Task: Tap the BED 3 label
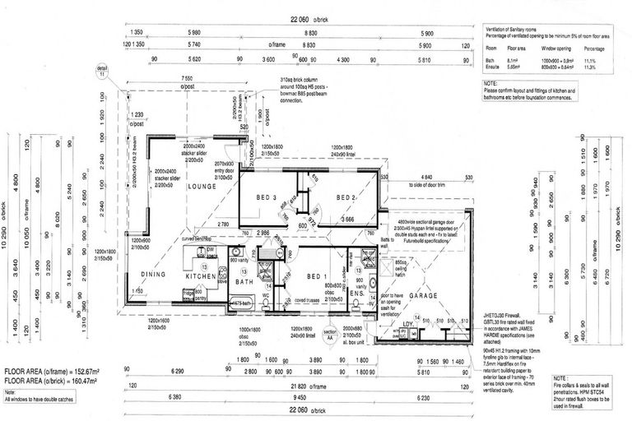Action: point(267,197)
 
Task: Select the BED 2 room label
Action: point(345,197)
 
